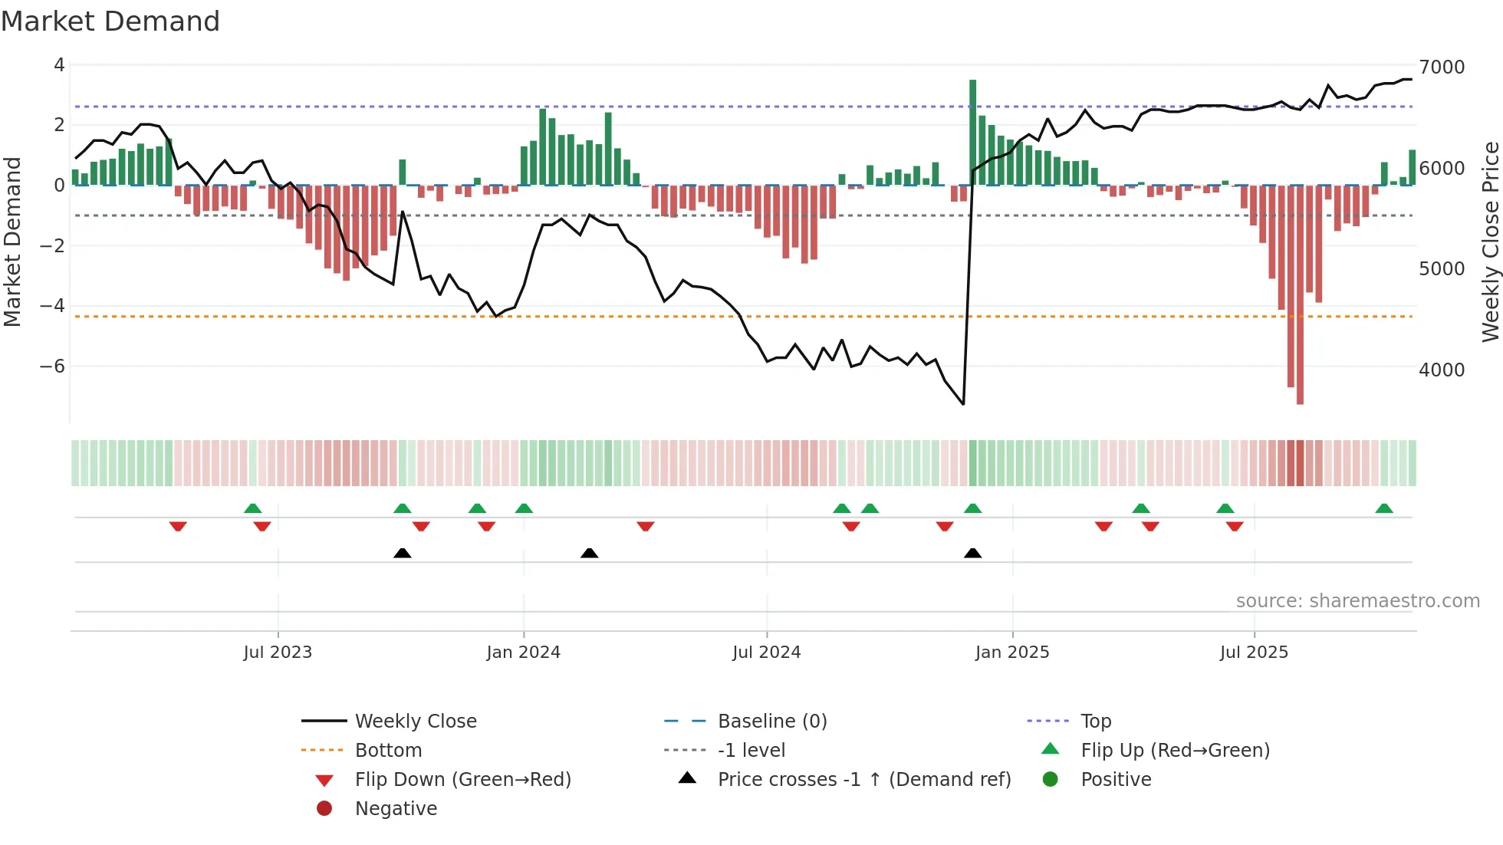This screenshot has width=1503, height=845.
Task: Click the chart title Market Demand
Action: [x=110, y=21]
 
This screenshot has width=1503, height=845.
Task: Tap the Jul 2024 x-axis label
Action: [x=766, y=653]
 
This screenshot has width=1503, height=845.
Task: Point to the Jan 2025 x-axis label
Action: [x=1012, y=653]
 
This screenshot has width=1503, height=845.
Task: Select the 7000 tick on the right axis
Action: [x=1442, y=67]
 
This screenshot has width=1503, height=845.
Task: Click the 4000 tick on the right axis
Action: [x=1442, y=370]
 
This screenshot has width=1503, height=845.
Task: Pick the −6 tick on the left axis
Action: [x=52, y=367]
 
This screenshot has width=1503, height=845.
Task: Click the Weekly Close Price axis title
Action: [x=1490, y=242]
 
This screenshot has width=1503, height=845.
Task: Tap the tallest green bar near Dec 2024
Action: [x=972, y=130]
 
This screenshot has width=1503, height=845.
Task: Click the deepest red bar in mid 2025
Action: [x=1300, y=295]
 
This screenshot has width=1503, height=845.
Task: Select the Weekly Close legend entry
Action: [x=415, y=722]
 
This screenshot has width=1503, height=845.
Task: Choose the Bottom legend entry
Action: [x=388, y=751]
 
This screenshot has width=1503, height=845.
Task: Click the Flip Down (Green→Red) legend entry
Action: [x=462, y=780]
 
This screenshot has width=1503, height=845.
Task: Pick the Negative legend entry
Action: [x=396, y=809]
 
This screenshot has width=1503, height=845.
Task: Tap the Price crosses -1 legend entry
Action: [x=864, y=780]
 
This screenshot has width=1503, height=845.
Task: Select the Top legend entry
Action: [x=1096, y=722]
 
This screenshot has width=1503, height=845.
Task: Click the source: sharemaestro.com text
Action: [x=1357, y=601]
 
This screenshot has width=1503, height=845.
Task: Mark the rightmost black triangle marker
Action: [x=972, y=553]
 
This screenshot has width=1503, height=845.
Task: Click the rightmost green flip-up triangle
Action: [x=1384, y=508]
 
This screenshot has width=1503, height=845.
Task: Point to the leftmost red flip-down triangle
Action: [x=178, y=526]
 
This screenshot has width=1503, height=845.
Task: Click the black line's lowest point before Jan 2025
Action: [x=963, y=404]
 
